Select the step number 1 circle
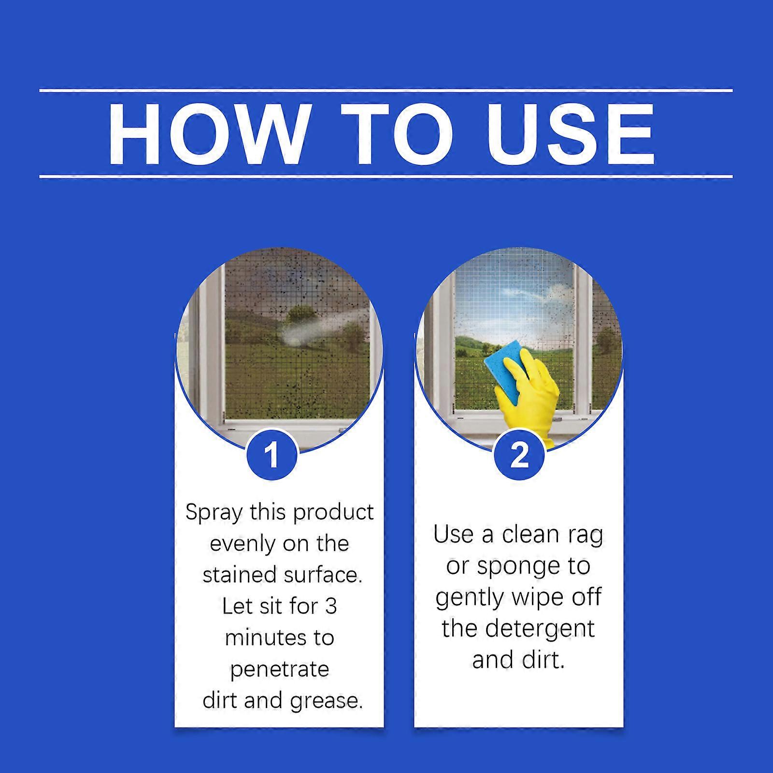272,455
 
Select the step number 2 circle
519,455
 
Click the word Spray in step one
214,513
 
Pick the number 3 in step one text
330,607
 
